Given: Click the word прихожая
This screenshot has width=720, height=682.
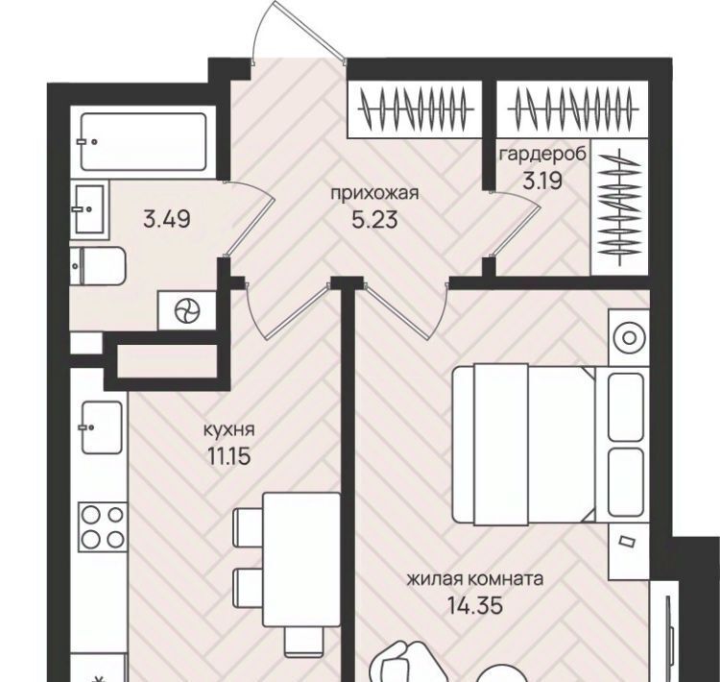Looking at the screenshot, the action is tap(374, 194).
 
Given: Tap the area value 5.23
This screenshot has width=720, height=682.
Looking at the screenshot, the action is tap(374, 221).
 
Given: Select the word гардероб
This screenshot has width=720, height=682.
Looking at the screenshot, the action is tap(543, 155).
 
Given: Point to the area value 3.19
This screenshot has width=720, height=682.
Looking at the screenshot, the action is tap(542, 181).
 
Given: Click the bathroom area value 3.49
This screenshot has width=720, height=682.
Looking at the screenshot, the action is tap(167, 219).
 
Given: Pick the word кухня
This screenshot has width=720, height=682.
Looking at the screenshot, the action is tap(228, 430).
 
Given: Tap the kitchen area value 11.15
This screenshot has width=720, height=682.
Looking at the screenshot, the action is tap(228, 456).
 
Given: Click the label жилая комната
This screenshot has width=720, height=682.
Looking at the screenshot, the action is tap(475, 579).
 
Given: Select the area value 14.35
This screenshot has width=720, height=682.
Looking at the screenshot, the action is tap(475, 606).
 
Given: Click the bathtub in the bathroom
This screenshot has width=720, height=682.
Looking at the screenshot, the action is tap(143, 142).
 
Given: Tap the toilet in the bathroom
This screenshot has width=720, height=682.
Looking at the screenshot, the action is tap(98, 266).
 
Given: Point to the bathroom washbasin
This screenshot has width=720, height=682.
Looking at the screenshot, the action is tap(89, 209).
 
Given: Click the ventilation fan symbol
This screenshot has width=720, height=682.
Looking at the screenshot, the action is tap(187, 310).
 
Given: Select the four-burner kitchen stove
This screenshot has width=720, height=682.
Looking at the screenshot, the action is tap(103, 527).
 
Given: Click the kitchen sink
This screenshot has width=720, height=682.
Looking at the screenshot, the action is tap(102, 427).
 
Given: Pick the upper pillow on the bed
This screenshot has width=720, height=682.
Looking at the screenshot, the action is tap(625, 407).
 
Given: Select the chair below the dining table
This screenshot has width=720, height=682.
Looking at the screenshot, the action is tap(302, 642).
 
